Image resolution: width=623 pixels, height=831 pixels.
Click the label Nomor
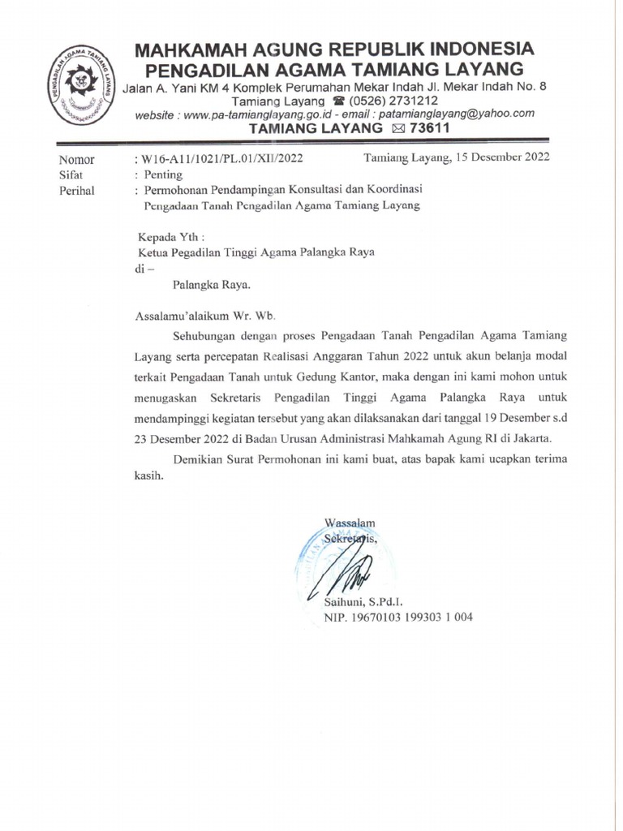tap(76, 159)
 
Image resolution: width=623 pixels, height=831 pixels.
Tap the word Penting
tap(164, 174)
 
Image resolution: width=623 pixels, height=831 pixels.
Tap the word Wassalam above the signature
tap(349, 522)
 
